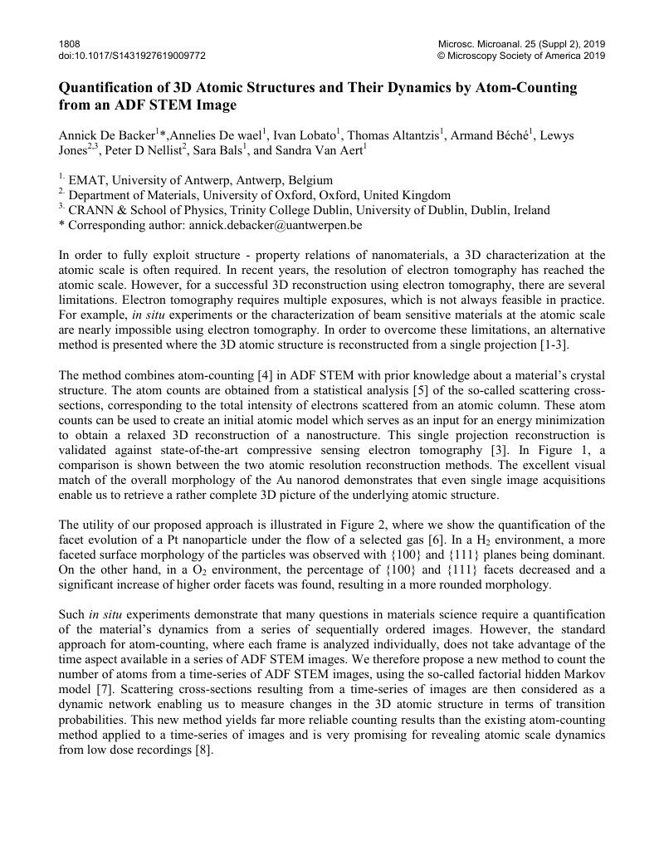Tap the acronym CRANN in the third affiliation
(x=92, y=210)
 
